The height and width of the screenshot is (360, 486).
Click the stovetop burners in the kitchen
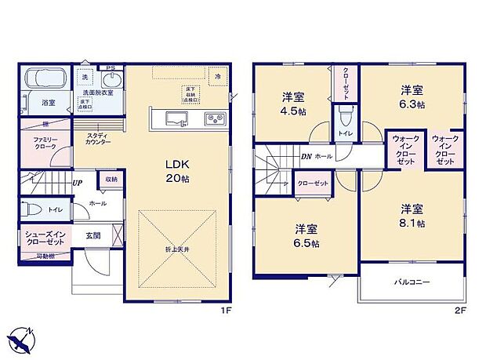click(215, 118)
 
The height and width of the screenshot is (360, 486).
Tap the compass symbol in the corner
click(23, 340)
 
